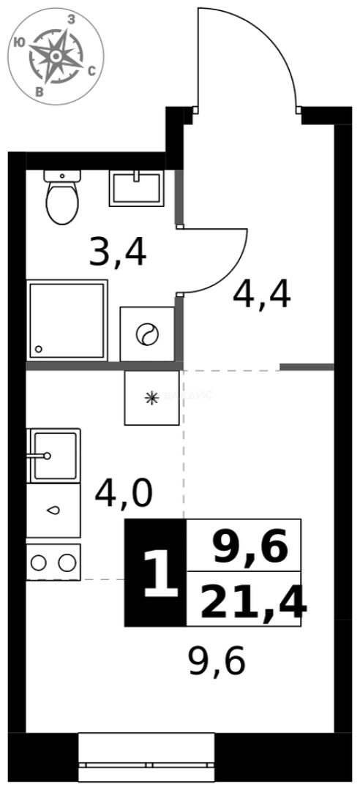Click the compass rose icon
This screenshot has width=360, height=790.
point(55,56)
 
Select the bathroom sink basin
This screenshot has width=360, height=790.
point(137,188)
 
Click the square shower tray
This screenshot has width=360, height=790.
point(67,320)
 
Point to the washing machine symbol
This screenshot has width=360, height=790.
point(146,334)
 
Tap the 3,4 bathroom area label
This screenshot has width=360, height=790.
point(117,252)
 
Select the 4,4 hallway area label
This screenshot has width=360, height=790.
point(261,295)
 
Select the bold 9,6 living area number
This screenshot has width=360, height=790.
point(251,547)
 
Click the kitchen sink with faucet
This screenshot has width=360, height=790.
point(53,455)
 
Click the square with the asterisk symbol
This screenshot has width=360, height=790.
point(151,397)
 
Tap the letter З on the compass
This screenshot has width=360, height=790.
point(72,20)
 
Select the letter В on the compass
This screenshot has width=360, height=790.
point(40,91)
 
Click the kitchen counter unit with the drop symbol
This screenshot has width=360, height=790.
point(53,511)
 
